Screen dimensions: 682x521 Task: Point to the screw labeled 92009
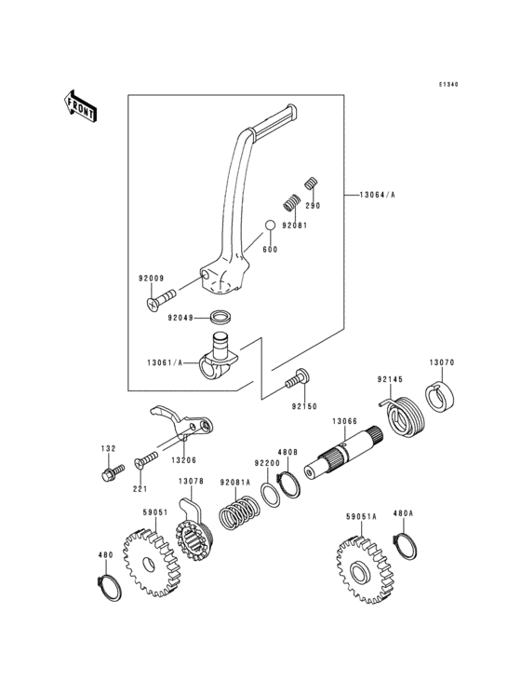click(x=162, y=298)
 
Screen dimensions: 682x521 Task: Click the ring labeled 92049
click(x=222, y=317)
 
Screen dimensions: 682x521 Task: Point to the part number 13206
click(x=183, y=459)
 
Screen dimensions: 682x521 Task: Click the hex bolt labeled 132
click(x=109, y=474)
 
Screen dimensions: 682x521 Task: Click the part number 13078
click(x=190, y=482)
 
